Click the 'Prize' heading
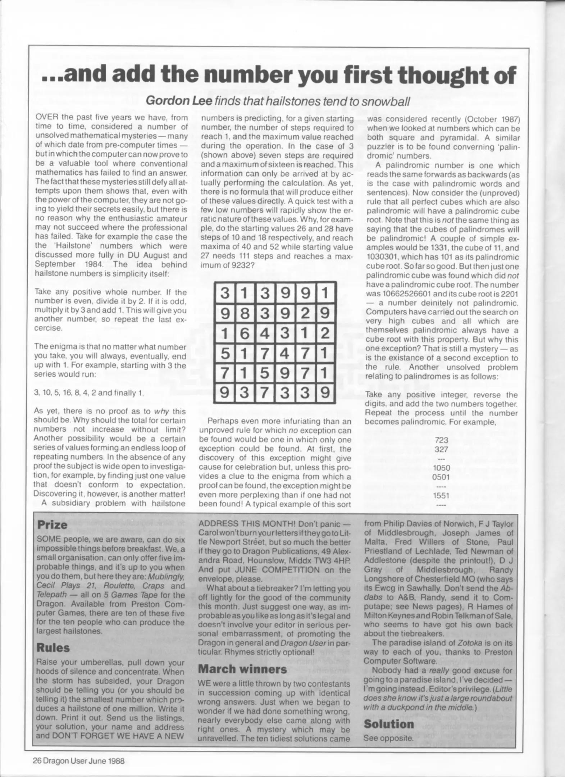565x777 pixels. [52, 524]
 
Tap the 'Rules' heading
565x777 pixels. [53, 647]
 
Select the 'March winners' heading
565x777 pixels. [243, 669]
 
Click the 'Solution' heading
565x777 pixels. [389, 724]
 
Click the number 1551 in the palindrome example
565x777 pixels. [441, 495]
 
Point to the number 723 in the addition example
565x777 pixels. [441, 440]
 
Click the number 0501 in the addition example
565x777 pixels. [441, 477]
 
